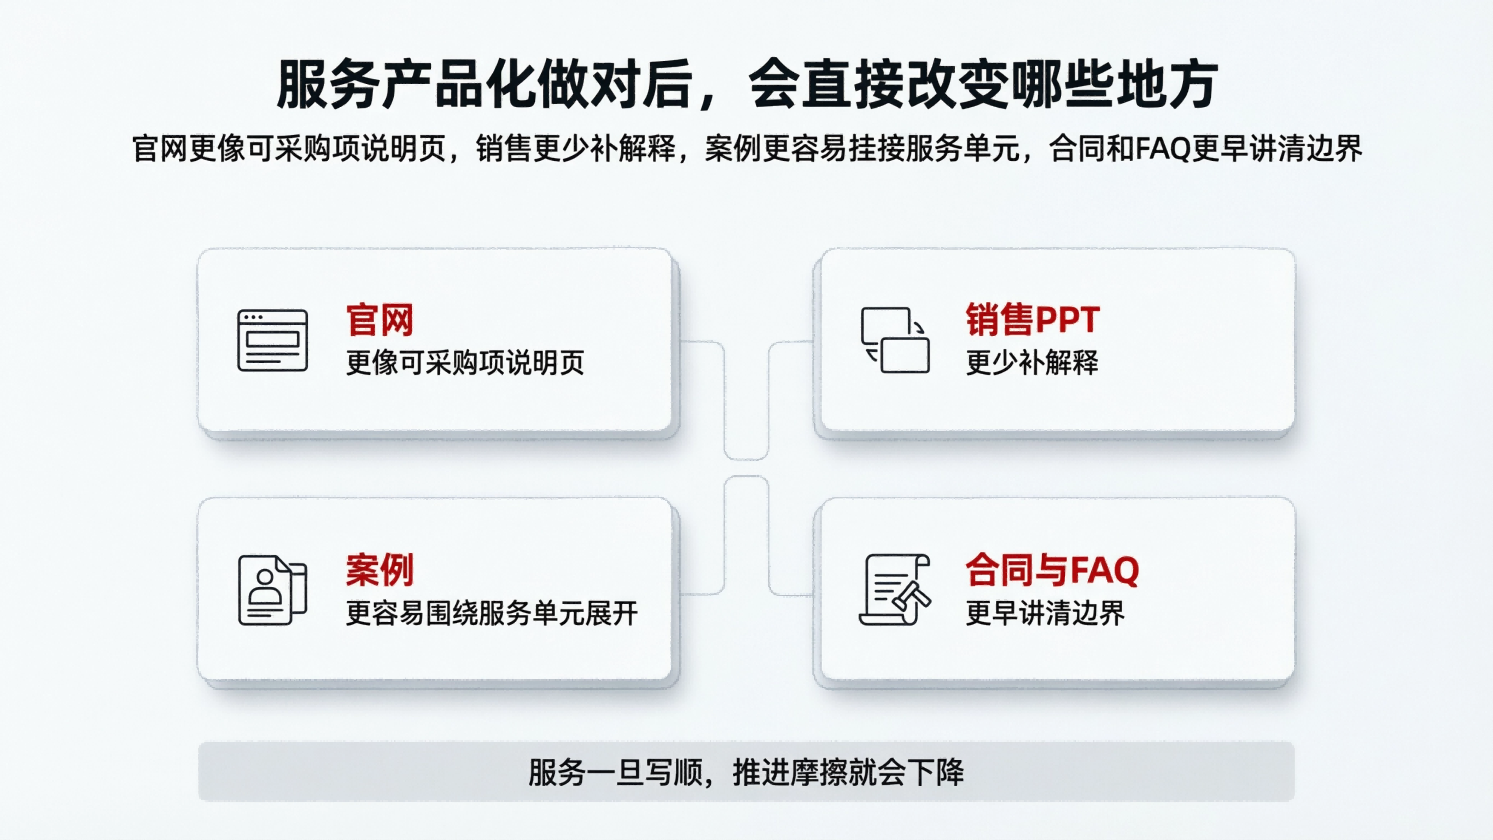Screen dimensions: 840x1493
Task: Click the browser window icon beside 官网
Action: pos(273,340)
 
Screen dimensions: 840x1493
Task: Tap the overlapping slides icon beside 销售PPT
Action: pos(895,340)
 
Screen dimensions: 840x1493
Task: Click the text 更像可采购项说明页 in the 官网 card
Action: pos(465,363)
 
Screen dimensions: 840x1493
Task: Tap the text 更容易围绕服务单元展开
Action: pos(491,613)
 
